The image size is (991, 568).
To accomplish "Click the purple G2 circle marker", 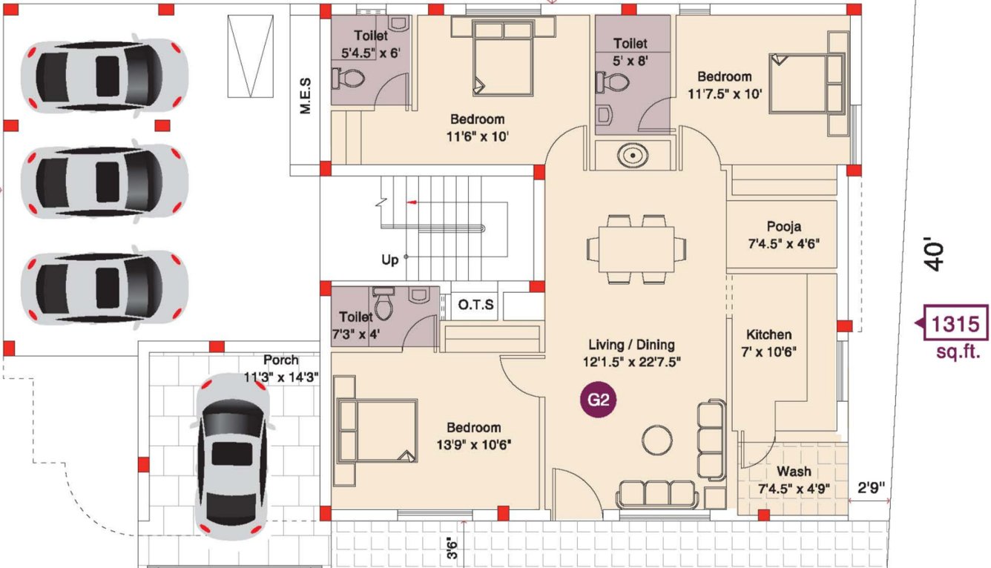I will click(599, 400).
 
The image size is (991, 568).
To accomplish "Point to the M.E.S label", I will click(305, 96).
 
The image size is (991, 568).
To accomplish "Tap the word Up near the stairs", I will click(390, 260).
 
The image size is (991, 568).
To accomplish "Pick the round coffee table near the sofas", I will click(656, 440).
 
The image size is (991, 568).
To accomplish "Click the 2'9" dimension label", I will click(870, 489).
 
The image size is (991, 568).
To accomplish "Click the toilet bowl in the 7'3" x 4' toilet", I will click(384, 305).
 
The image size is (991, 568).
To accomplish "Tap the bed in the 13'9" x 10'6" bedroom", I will click(377, 431).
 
